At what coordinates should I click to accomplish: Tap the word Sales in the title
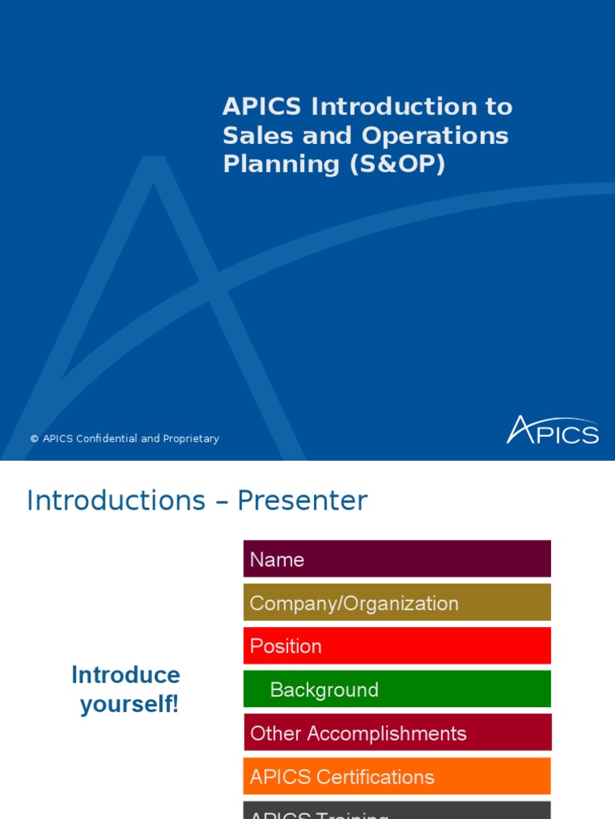tap(252, 135)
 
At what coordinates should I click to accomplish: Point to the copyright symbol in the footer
tap(34, 439)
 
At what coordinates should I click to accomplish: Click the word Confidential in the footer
tap(107, 439)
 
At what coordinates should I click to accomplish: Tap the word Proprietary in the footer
tap(191, 439)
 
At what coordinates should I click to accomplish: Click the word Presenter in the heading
tap(302, 501)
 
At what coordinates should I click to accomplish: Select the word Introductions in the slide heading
tap(116, 501)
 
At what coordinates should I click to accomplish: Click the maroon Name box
tap(397, 559)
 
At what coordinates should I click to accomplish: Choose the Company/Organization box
tap(397, 602)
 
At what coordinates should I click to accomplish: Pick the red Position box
tap(397, 645)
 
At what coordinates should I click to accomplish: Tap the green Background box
tap(397, 689)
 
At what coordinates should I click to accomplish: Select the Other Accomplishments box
tap(397, 733)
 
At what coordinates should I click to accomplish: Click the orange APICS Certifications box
tap(397, 776)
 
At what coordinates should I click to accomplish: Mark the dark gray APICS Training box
tap(397, 811)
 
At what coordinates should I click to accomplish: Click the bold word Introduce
tap(126, 675)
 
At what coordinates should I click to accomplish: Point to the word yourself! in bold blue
tap(129, 705)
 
